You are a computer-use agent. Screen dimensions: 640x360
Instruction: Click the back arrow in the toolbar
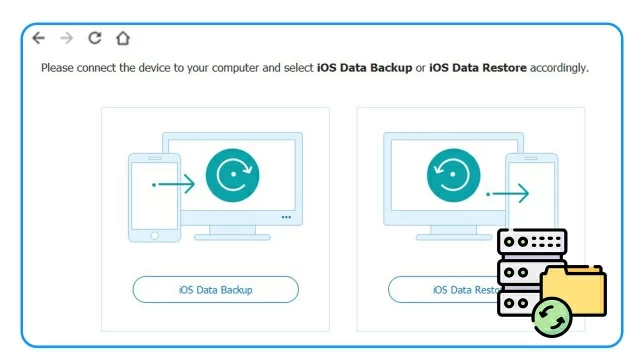tap(38, 38)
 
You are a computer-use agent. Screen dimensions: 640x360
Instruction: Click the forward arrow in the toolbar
tap(66, 38)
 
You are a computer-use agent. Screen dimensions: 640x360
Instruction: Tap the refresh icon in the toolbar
tap(95, 38)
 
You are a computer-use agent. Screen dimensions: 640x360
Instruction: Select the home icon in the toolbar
tap(123, 38)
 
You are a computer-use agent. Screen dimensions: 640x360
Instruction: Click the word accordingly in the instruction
tap(559, 68)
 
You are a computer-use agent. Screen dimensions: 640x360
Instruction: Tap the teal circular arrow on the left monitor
tap(232, 176)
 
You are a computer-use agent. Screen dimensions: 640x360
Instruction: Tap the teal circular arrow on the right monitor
tap(454, 176)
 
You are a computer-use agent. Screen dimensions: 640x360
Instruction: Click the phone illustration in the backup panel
tap(154, 198)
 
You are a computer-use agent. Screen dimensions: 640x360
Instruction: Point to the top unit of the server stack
tap(532, 243)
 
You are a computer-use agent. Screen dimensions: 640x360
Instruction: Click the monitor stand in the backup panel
tap(232, 231)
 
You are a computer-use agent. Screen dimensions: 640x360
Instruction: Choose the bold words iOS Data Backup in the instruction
tap(365, 68)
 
